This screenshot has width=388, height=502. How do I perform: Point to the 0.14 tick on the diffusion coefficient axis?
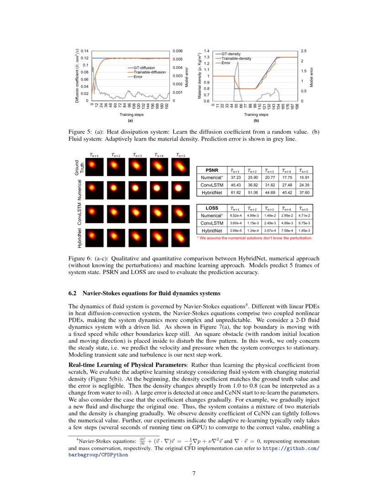coord(85,51)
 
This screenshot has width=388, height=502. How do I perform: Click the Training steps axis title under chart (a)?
coord(131,115)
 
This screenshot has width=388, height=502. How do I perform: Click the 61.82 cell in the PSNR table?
coord(236,193)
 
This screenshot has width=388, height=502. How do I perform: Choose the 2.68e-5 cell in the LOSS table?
coord(236,230)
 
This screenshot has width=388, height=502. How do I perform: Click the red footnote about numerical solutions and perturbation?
coord(254,238)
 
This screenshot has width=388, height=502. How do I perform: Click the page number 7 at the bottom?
coord(194,473)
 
